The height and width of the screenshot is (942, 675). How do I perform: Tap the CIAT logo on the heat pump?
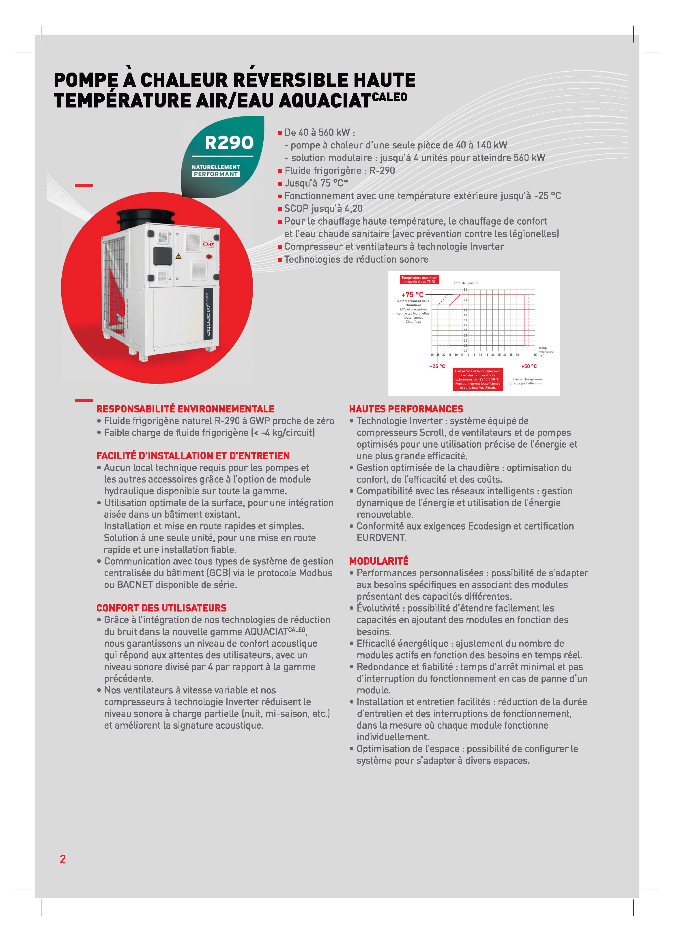[x=208, y=244]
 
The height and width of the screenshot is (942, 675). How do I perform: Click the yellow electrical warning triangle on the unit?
[x=179, y=256]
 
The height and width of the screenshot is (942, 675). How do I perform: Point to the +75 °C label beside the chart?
[x=412, y=294]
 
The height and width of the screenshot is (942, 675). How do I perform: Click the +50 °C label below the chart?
[x=529, y=366]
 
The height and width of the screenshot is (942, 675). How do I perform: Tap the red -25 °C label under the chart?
[x=437, y=366]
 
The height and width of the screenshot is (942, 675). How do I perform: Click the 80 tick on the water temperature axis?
[x=465, y=290]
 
